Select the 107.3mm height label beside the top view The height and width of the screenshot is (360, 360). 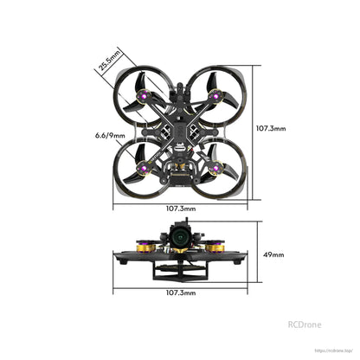pos(270,128)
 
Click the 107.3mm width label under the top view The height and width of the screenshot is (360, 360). pos(180,208)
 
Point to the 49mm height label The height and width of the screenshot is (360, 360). pos(273,255)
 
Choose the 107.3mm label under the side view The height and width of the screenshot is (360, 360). pos(180,293)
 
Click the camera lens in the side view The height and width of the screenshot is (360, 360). pos(180,235)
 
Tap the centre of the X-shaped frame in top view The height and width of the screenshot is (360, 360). pos(180,128)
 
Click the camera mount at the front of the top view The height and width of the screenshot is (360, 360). pos(180,89)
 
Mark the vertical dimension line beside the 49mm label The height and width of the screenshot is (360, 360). pos(257,255)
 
